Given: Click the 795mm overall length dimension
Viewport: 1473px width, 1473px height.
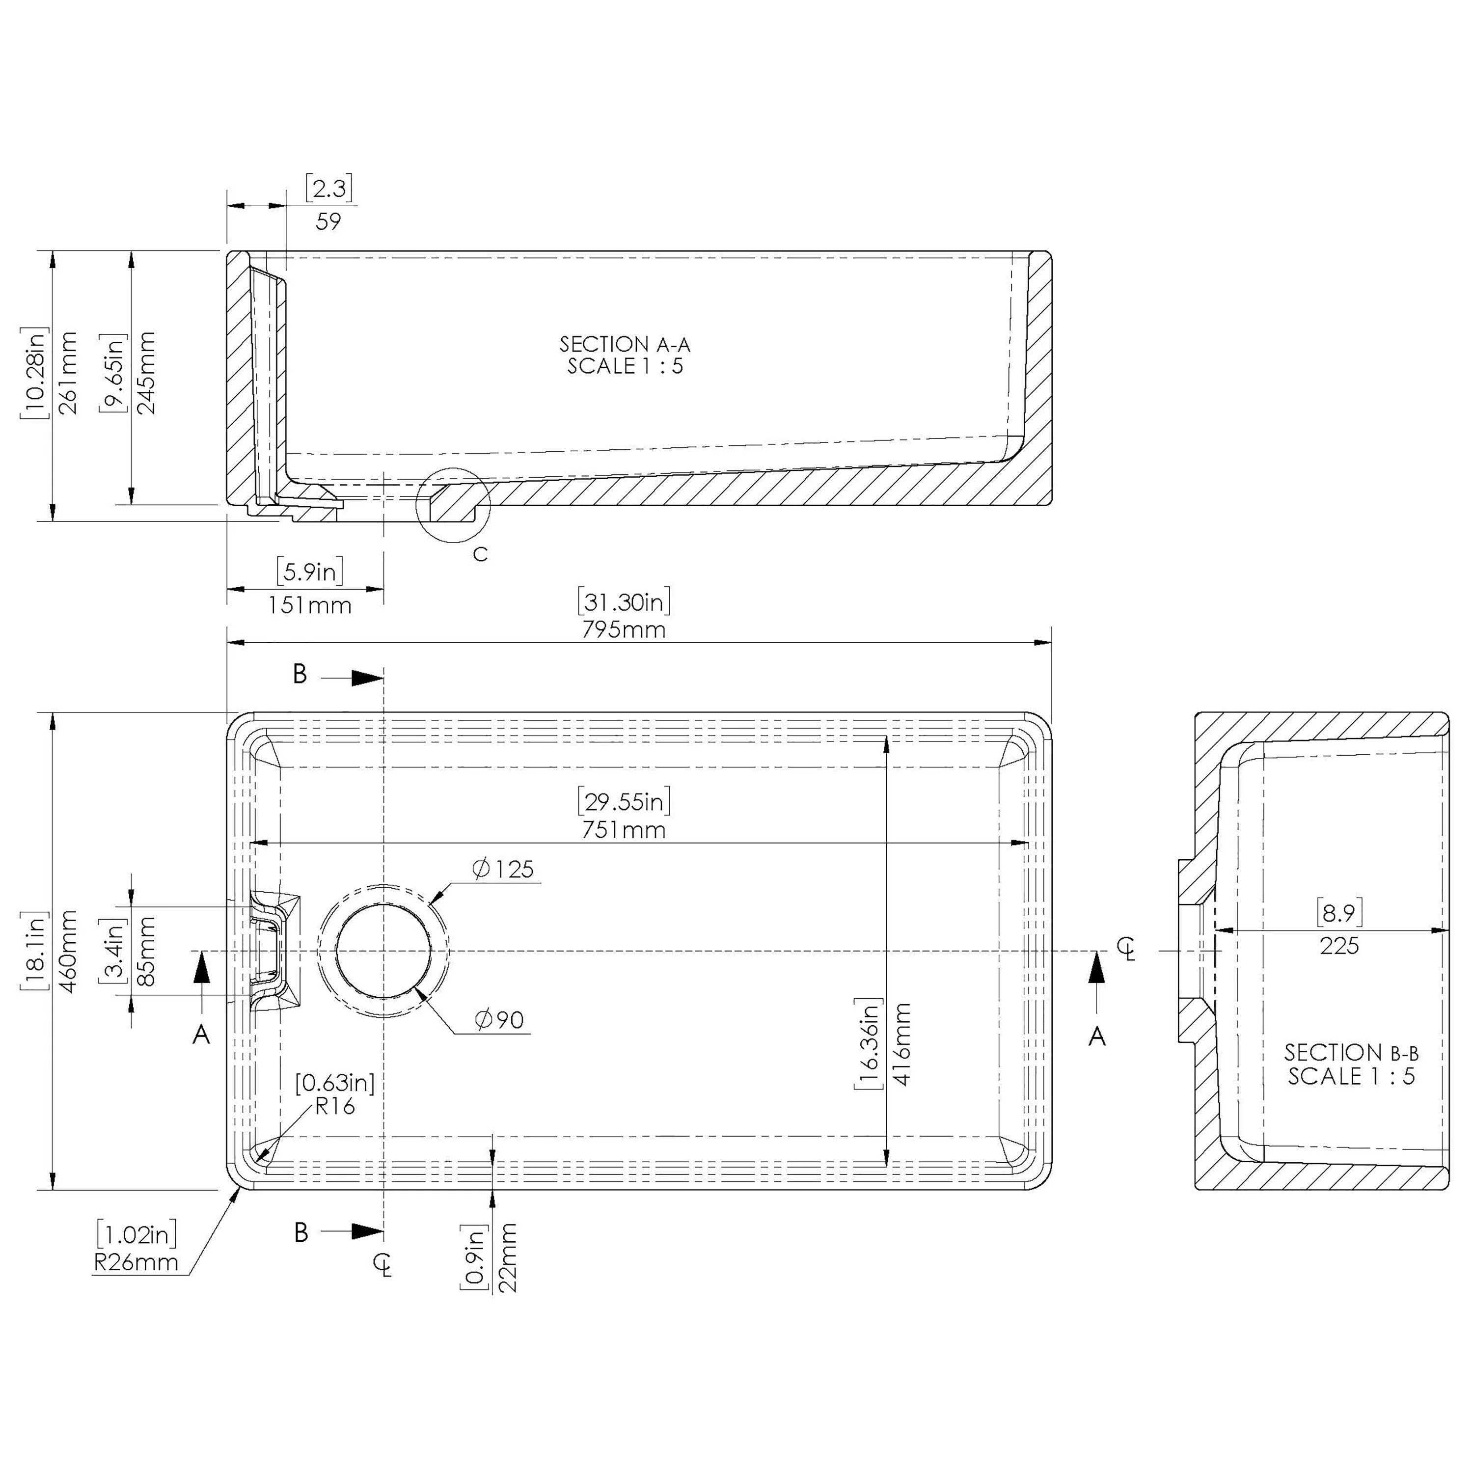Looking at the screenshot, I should [624, 630].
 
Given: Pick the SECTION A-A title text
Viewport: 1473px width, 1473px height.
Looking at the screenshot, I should [625, 345].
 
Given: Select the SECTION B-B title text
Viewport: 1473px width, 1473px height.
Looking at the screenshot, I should [1351, 1053].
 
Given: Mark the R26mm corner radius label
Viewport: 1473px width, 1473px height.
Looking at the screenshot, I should [136, 1262].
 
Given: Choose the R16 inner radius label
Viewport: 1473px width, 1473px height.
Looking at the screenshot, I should [335, 1106].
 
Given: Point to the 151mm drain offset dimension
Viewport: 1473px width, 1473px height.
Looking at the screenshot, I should [309, 606].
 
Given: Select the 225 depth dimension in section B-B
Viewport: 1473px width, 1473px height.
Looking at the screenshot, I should [1339, 946].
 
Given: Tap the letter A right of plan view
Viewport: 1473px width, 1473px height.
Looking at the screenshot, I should [1096, 1036].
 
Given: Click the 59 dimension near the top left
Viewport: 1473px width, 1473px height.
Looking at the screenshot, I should [328, 222].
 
